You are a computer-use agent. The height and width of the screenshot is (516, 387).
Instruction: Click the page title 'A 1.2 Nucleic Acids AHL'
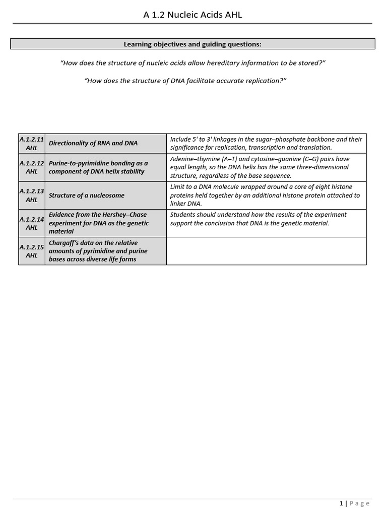tap(193, 15)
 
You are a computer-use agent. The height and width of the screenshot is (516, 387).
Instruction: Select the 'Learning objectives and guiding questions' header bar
tap(193, 44)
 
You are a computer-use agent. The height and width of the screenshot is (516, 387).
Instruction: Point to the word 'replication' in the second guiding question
tap(262, 81)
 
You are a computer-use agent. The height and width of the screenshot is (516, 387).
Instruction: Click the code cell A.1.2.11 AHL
tap(32, 143)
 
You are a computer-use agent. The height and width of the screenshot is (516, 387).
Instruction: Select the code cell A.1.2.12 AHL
tap(32, 167)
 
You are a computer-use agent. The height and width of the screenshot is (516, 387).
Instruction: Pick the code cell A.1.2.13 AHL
tap(32, 196)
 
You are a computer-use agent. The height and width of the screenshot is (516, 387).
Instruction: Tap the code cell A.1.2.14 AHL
tap(32, 223)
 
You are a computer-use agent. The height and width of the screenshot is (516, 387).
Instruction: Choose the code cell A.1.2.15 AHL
tap(32, 251)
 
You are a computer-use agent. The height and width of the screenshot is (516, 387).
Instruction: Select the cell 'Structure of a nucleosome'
tap(86, 196)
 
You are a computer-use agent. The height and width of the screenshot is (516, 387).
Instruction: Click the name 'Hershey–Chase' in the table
tap(124, 215)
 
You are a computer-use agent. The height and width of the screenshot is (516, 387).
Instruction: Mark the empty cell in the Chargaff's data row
tap(266, 251)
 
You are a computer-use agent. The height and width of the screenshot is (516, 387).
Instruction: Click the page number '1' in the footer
tap(341, 503)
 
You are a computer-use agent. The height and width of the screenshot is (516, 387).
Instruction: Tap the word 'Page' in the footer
tap(360, 503)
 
